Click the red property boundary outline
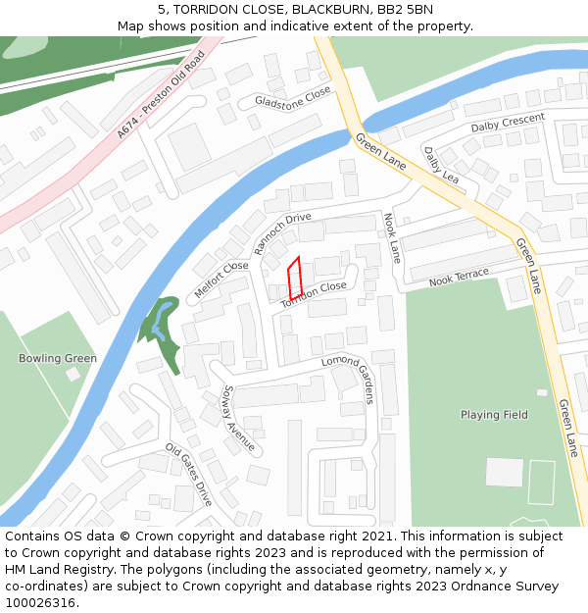(x=293, y=279)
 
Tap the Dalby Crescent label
(x=507, y=123)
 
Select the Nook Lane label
(x=392, y=238)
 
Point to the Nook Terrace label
(x=459, y=278)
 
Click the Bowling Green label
(x=58, y=358)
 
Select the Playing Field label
(x=494, y=415)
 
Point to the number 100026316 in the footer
(x=38, y=602)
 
